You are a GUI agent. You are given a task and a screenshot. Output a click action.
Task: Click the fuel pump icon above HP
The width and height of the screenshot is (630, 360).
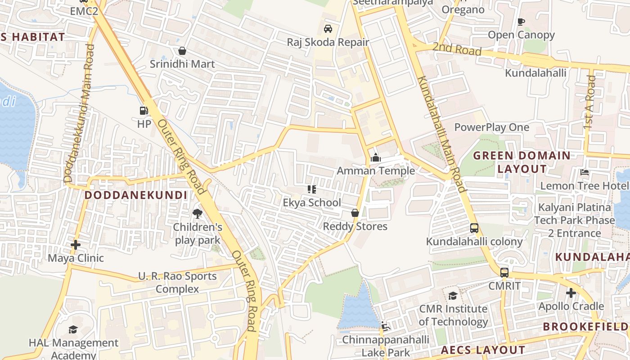point(144,110)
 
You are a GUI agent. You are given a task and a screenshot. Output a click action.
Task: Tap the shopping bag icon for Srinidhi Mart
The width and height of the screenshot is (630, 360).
point(182,51)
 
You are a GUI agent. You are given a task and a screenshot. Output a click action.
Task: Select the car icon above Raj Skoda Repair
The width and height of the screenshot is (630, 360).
point(328,29)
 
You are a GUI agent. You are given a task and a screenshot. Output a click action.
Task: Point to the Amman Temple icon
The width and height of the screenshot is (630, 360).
point(376,157)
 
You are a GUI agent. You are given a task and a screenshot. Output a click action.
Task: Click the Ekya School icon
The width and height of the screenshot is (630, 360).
point(311,189)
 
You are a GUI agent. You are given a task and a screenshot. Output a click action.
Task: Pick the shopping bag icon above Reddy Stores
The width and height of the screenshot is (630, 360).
point(355,213)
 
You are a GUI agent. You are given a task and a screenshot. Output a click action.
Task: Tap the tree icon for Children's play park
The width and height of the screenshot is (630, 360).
point(197,214)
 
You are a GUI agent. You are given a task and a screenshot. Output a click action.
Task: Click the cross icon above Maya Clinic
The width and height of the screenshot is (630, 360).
point(76,245)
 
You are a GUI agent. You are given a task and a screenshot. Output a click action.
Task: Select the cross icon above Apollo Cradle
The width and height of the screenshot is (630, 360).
point(571,293)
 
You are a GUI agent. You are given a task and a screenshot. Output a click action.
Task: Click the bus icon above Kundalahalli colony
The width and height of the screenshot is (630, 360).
point(474,228)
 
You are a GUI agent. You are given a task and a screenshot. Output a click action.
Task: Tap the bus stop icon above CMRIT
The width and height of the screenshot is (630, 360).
point(504,272)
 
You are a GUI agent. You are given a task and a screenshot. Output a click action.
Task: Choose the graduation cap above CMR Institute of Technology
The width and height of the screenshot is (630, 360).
point(453,296)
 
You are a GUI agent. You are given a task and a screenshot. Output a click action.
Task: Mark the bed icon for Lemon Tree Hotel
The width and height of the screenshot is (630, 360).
point(585,172)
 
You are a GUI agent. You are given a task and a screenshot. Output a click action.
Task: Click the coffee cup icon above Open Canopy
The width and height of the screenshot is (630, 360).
point(521,22)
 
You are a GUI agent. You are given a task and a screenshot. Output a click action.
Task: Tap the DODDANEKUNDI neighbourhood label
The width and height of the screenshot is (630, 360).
point(136,195)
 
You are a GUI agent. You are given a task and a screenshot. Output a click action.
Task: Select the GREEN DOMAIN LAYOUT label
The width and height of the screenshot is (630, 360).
point(522,162)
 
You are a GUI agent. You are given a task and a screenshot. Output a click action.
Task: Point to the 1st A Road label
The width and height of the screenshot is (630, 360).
point(589,103)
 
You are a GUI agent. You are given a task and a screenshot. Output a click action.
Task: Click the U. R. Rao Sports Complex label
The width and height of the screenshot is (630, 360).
point(177,282)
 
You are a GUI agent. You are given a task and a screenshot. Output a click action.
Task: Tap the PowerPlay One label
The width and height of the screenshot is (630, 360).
point(492,127)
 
